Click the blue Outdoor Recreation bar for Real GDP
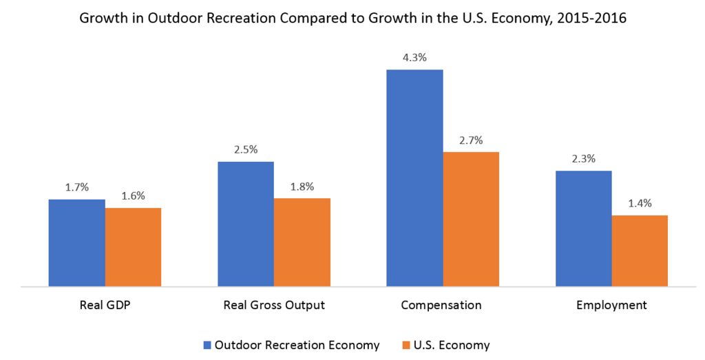76,242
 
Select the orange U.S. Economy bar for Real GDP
133,246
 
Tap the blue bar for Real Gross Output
246,224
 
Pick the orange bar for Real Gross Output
302,242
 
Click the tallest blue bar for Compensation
414,178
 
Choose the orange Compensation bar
471,219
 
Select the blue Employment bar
583,228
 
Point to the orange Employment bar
640,251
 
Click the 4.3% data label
414,58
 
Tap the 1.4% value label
640,203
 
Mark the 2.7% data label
471,140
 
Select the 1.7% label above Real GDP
76,187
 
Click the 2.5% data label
246,149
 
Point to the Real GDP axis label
105,304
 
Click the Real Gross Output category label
274,304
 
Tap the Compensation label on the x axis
443,304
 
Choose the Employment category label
611,304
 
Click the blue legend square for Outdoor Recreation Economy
207,345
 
